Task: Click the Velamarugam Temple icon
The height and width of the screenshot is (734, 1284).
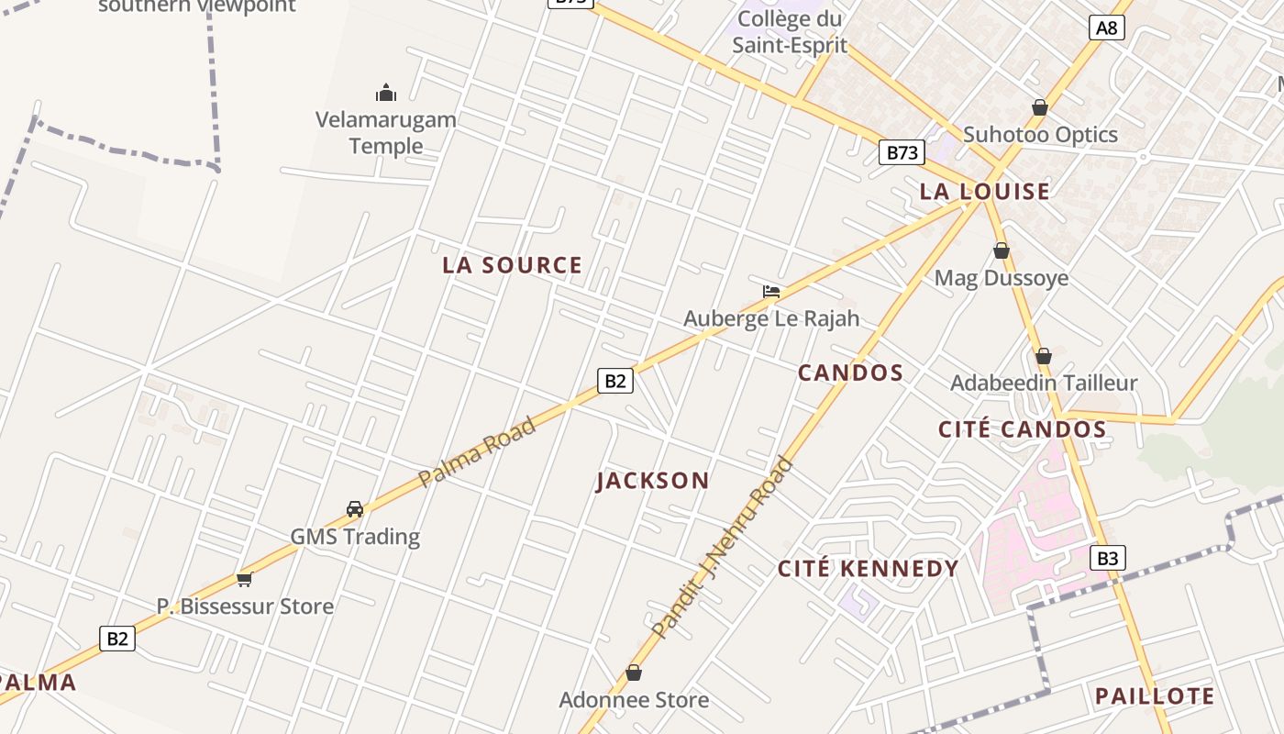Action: coord(386,93)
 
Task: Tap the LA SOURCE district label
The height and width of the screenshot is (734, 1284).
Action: coord(512,265)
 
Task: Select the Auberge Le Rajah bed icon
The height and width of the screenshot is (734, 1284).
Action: coord(771,292)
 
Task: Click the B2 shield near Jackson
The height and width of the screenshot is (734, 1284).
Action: coord(615,380)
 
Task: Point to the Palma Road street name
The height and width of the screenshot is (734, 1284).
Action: coord(476,452)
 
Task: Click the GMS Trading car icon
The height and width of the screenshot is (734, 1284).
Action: coord(355,508)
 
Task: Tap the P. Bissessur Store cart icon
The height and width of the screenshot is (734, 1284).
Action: coord(244,579)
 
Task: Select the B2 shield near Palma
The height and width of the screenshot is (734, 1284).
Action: coord(117,638)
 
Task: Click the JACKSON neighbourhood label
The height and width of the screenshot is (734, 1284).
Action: coord(652,481)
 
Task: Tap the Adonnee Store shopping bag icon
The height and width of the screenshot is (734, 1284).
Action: coord(633,673)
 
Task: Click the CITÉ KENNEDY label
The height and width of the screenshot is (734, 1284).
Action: coord(868,569)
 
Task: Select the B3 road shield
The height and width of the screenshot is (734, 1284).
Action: coord(1107,557)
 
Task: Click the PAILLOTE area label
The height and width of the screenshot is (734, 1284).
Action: coord(1155,695)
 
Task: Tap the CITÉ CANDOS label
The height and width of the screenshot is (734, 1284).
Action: coord(1022,429)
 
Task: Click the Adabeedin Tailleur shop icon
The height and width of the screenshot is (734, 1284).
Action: coord(1043,356)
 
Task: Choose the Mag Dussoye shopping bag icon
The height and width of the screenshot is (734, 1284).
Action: coord(1002,250)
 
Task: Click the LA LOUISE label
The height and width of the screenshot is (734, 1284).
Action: coord(984,192)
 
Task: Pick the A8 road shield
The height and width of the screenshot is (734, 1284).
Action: coord(1107,28)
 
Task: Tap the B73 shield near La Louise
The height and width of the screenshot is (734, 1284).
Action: coord(901,152)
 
